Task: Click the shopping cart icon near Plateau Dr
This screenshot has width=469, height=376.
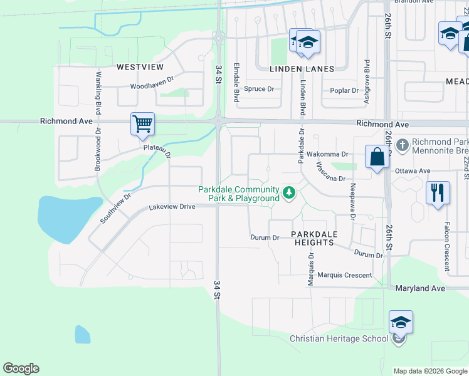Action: [143, 123]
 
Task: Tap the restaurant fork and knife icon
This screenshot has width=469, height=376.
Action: [437, 192]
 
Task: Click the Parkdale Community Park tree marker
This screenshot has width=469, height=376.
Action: [289, 192]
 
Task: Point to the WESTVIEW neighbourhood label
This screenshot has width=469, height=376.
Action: [139, 66]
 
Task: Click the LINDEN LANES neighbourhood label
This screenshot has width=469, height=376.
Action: [302, 68]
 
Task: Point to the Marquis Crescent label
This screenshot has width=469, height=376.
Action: [344, 274]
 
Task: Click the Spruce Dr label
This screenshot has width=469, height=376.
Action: [259, 89]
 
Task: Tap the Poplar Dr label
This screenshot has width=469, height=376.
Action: [344, 90]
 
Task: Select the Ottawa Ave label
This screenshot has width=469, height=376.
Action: [413, 170]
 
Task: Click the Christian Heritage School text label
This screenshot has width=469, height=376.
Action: [339, 338]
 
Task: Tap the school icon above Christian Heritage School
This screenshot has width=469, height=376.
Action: [401, 323]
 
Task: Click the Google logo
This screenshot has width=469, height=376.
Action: [21, 368]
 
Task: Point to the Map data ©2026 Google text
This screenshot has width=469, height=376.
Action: [430, 371]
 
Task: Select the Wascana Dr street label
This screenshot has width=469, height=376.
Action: [330, 172]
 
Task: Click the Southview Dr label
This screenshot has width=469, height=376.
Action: [115, 208]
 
